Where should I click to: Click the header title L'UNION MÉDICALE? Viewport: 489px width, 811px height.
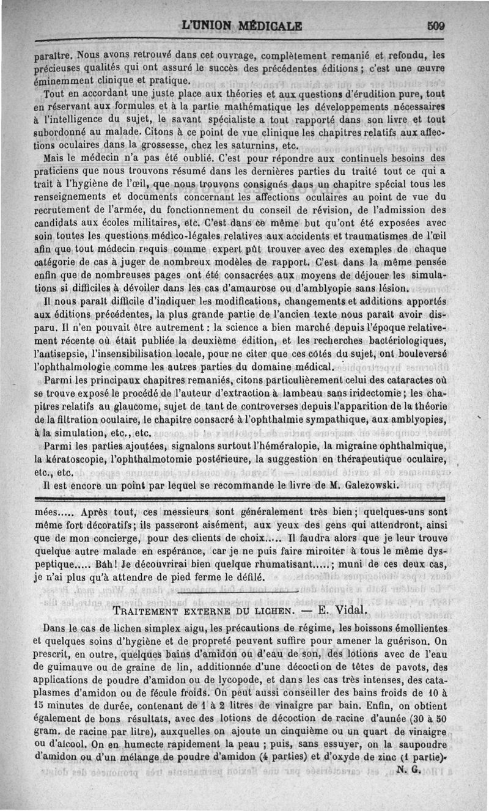tap(242, 26)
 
